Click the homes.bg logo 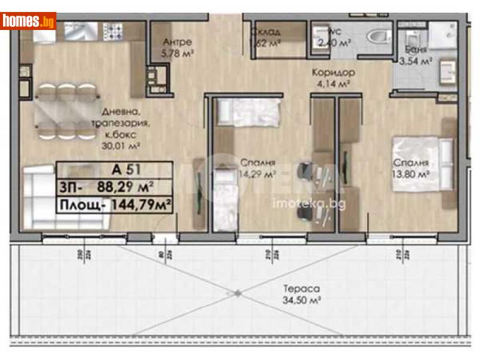coord(28,21)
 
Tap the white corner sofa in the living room coord(60,198)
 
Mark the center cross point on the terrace coord(238,293)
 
